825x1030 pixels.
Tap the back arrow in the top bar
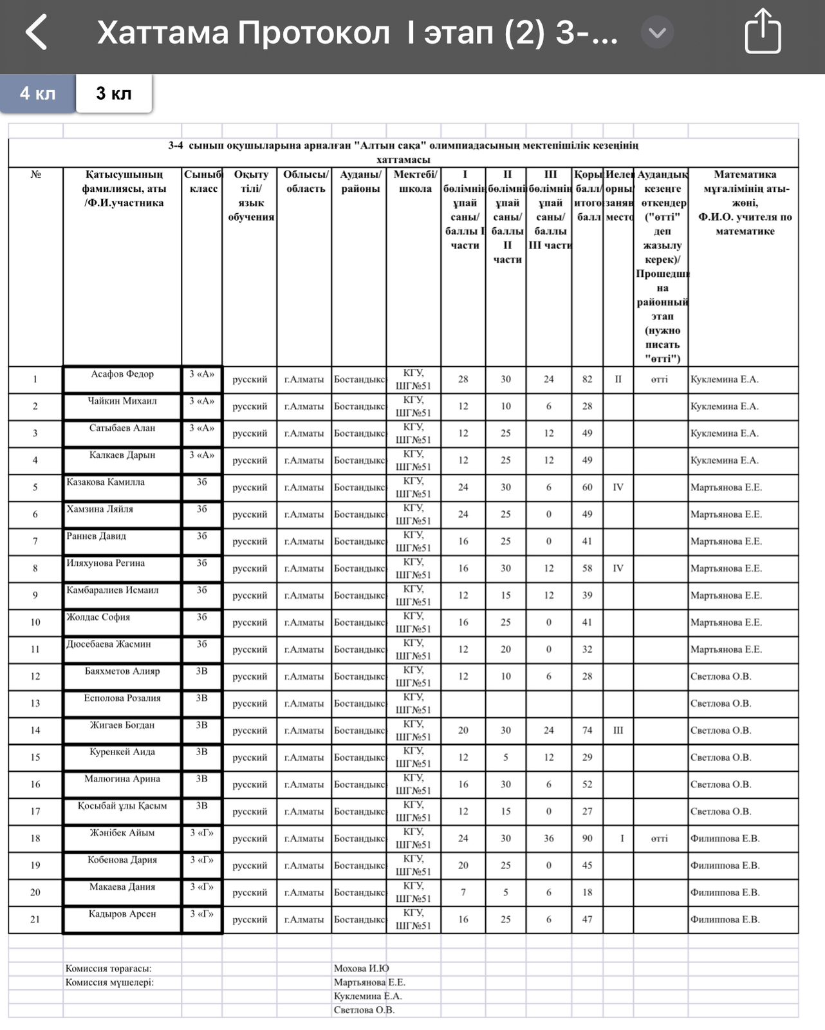pos(37,32)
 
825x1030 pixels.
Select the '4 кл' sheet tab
pos(37,93)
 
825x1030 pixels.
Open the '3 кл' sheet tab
pos(114,93)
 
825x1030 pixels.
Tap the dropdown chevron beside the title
pos(657,32)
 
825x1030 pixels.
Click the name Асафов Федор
pos(122,374)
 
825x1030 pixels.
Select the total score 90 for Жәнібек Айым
pos(587,838)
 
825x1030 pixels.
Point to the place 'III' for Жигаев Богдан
pos(618,730)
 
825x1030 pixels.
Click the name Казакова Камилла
pos(106,482)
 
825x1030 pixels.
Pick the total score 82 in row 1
pos(587,379)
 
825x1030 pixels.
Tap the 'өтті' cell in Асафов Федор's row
pos(660,379)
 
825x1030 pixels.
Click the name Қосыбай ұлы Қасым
pos(122,806)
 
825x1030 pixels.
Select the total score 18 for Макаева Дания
pos(587,892)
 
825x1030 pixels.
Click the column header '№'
pos(35,174)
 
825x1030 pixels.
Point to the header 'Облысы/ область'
pos(306,182)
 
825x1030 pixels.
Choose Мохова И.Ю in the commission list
pos(361,968)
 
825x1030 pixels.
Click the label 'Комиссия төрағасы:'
pos(109,968)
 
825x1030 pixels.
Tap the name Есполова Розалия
pos(122,698)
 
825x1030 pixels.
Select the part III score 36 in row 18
pos(548,838)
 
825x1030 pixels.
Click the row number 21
pos(35,919)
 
